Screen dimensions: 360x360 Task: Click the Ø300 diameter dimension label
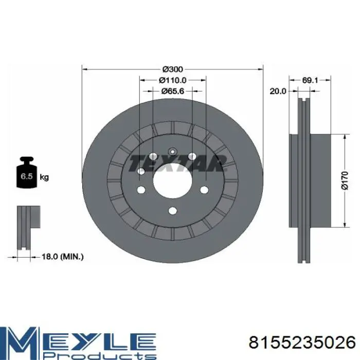click(172, 69)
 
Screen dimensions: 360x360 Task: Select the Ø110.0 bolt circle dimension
click(173, 80)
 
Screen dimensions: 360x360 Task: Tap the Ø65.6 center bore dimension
click(173, 91)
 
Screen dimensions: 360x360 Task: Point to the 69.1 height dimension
click(310, 80)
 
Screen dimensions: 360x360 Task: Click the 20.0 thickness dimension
click(278, 91)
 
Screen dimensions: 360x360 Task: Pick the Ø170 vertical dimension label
click(345, 181)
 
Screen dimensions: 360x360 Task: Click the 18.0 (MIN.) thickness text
click(62, 257)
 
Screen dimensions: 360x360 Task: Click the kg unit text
click(44, 177)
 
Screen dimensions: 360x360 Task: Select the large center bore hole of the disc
click(172, 181)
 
